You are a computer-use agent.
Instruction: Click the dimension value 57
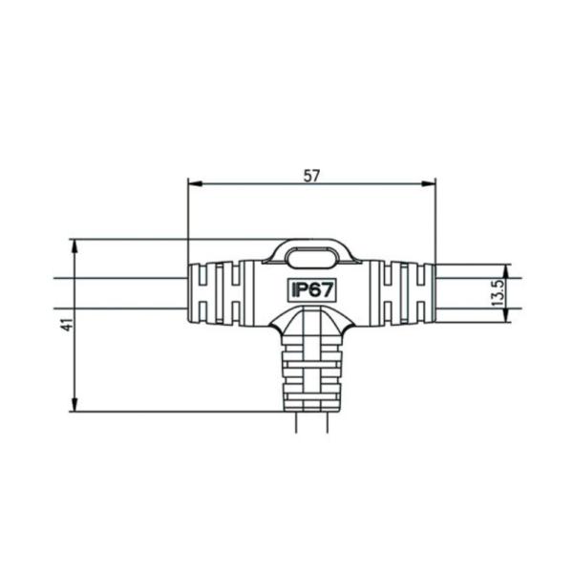(x=311, y=175)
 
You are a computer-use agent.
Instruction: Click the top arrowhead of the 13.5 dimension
(x=509, y=269)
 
